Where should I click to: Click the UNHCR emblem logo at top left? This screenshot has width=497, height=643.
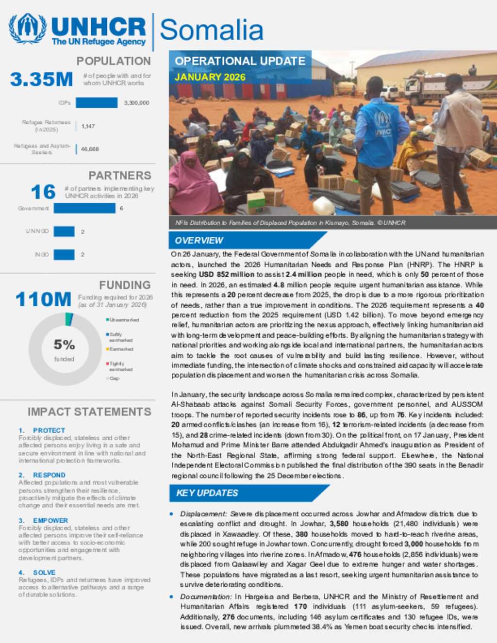tap(28, 29)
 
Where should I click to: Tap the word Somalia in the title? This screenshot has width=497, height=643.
tap(211, 30)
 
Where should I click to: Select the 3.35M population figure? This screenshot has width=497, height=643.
tap(42, 80)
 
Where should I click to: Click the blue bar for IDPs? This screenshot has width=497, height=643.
tap(97, 103)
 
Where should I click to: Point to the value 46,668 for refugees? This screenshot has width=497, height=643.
tap(90, 149)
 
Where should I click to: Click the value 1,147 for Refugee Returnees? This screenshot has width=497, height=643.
tap(88, 126)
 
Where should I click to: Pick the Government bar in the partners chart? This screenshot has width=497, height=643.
tap(84, 208)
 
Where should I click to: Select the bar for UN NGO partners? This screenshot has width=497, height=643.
tap(64, 231)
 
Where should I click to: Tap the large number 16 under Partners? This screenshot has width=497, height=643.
tap(43, 192)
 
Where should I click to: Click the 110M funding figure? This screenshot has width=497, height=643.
tap(43, 299)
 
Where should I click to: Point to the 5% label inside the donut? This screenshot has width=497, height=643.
tap(64, 345)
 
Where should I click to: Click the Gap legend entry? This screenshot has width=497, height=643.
tap(114, 379)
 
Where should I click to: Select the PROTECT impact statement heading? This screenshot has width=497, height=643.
tap(49, 430)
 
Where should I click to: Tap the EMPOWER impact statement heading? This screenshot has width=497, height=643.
tap(50, 521)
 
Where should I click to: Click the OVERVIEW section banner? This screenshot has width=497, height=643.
tap(199, 241)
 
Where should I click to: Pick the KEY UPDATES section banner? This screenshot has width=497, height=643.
tap(207, 493)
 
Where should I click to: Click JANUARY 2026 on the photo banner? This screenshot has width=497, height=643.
tap(210, 77)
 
